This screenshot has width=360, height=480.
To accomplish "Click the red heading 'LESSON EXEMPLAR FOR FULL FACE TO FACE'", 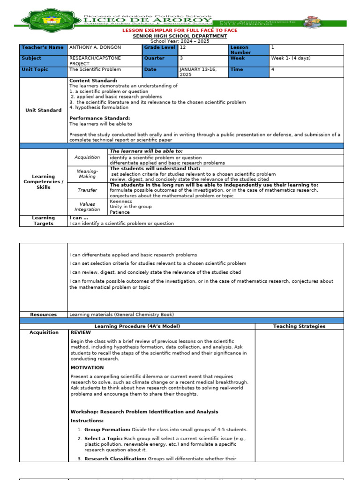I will (180, 30).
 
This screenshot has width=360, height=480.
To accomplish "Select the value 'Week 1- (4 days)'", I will (291, 59).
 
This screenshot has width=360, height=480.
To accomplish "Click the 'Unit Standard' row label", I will (44, 110).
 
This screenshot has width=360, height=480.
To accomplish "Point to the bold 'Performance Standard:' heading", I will (99, 118).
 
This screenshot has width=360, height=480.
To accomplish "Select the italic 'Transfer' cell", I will (88, 190).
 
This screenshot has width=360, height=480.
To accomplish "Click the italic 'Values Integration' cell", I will (88, 207).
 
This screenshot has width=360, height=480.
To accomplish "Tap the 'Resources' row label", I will (44, 315).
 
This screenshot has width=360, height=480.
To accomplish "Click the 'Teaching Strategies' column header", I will (299, 326).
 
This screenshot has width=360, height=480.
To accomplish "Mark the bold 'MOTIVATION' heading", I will (87, 367).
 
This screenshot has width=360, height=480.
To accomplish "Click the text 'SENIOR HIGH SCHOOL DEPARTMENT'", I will (180, 36).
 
